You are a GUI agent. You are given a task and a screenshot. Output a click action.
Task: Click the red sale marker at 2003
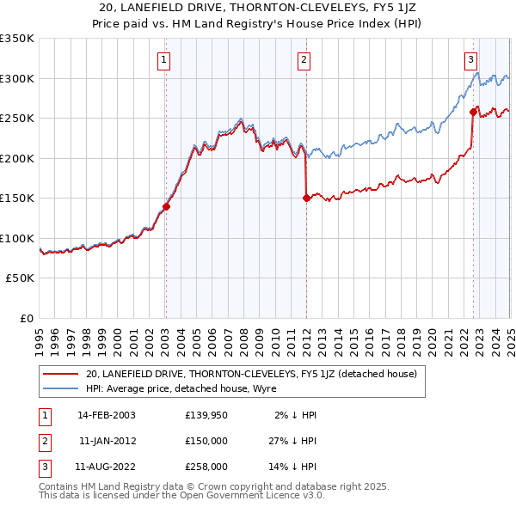[166, 206]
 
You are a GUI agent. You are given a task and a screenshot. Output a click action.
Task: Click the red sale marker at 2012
[306, 198]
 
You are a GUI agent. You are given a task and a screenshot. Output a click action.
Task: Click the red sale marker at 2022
[473, 112]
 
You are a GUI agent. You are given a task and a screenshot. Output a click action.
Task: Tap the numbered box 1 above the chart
[163, 59]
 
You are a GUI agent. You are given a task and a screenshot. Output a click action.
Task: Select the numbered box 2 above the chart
[304, 59]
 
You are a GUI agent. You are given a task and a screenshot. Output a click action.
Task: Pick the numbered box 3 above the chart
[471, 59]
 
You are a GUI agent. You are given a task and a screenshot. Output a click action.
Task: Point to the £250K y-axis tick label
[17, 119]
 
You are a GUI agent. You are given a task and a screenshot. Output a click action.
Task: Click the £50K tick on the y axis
[20, 278]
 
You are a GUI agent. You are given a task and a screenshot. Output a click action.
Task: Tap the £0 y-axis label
[26, 319]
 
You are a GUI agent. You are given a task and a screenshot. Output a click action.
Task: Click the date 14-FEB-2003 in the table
[107, 414]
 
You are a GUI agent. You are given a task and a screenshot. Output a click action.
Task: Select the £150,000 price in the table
[206, 441]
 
